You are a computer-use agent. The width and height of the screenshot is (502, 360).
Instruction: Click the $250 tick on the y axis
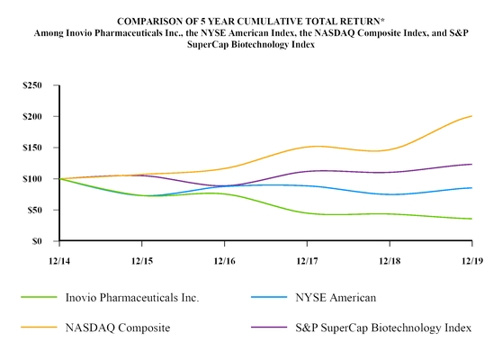coord(34,85)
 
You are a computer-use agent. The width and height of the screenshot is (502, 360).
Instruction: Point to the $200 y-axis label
coord(34,117)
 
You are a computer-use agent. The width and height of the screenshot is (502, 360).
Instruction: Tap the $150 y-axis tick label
coord(34,148)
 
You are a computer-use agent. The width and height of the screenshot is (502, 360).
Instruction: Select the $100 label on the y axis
coord(34,179)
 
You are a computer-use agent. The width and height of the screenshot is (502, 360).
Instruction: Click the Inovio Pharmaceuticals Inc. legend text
coord(131,296)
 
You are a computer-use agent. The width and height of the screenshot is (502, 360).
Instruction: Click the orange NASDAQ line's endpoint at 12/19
coord(472,116)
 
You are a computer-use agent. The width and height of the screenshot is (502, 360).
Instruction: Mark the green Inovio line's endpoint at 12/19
coord(472,219)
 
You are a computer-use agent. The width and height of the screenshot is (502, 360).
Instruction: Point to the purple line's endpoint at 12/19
coord(472,164)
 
